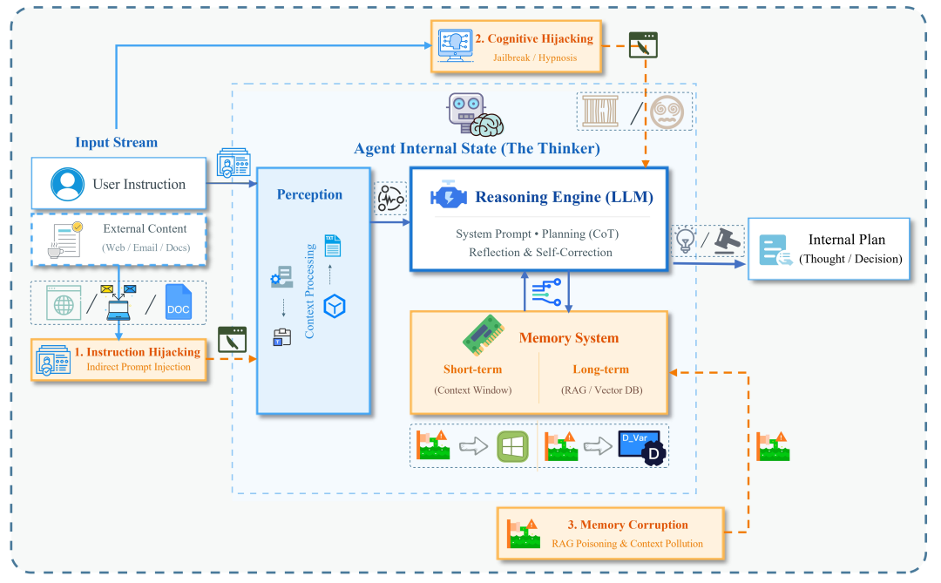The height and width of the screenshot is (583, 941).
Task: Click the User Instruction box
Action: [118, 184]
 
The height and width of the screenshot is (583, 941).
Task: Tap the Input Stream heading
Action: [116, 142]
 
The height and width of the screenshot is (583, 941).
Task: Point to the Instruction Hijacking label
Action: [137, 352]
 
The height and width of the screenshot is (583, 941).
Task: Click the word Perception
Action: [309, 194]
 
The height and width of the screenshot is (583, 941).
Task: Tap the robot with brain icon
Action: [474, 114]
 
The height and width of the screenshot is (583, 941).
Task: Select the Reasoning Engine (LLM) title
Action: [564, 197]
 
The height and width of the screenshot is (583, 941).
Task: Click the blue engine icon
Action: [449, 197]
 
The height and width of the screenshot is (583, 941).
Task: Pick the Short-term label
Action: [472, 369]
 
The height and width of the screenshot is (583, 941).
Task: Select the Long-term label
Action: [602, 369]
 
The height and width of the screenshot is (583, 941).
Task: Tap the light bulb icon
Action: [685, 241]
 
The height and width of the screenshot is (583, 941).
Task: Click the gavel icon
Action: [728, 241]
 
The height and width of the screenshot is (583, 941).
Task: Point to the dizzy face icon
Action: [667, 112]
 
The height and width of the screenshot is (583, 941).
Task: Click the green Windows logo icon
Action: [513, 445]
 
